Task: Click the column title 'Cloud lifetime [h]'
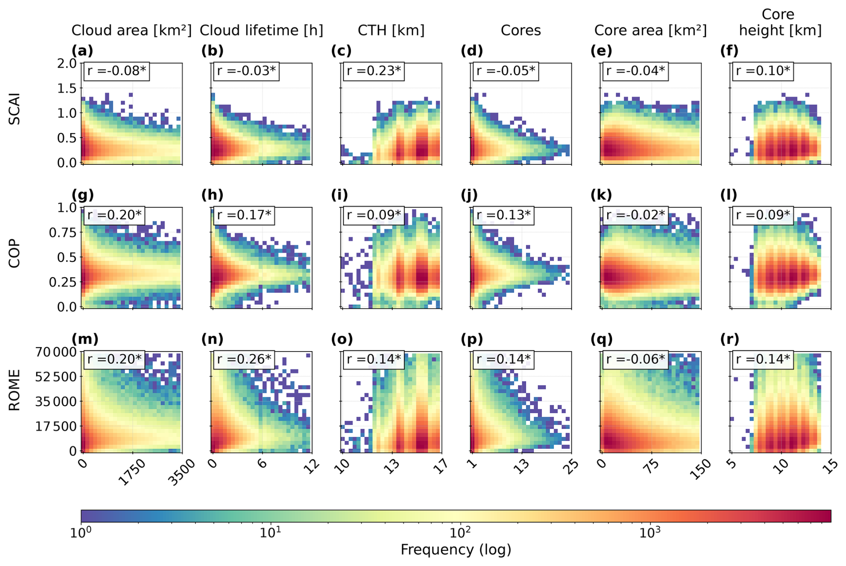pos(261,30)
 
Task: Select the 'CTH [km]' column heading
pos(391,30)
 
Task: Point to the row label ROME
pos(15,390)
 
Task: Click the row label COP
pos(15,253)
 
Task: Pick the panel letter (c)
pos(341,51)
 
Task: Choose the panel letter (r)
pos(730,339)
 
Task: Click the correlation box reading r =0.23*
pos(374,71)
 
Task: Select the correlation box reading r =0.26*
pos(244,360)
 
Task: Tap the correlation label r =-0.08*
pos(117,71)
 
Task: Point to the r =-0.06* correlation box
pos(635,360)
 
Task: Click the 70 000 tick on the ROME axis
pos(55,352)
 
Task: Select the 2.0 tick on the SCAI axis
pos(67,64)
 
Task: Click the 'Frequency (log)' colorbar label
pos(456,550)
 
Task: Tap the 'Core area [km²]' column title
pos(650,30)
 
